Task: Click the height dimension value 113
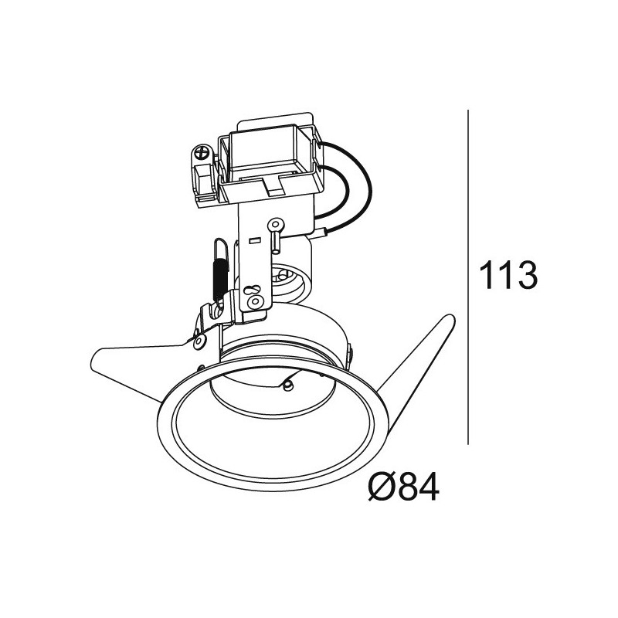click(508, 275)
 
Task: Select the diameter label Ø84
click(403, 487)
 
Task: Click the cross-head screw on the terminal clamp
click(202, 153)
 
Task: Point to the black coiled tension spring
click(219, 274)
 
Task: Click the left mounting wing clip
click(139, 358)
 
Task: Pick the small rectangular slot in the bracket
click(255, 240)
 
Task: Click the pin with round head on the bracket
click(274, 226)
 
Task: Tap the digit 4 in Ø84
click(426, 487)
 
